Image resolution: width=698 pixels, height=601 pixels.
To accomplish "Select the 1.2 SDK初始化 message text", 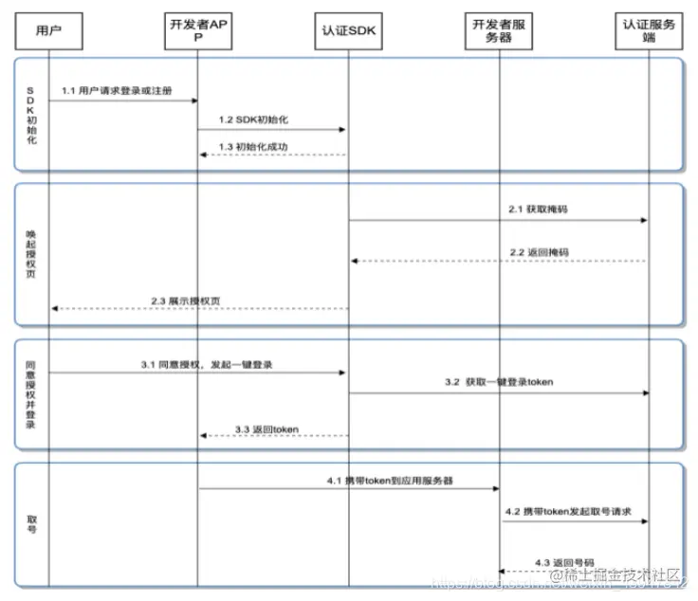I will pos(252,120).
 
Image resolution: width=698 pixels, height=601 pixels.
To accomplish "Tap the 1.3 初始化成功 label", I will pos(252,147).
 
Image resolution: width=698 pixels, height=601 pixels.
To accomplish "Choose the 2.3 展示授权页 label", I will pos(188,300).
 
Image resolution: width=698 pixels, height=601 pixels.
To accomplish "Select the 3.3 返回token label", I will pos(266,428).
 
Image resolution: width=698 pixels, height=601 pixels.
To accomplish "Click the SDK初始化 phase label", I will pos(31,113).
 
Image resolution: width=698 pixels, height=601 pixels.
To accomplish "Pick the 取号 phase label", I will pos(31,524).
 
